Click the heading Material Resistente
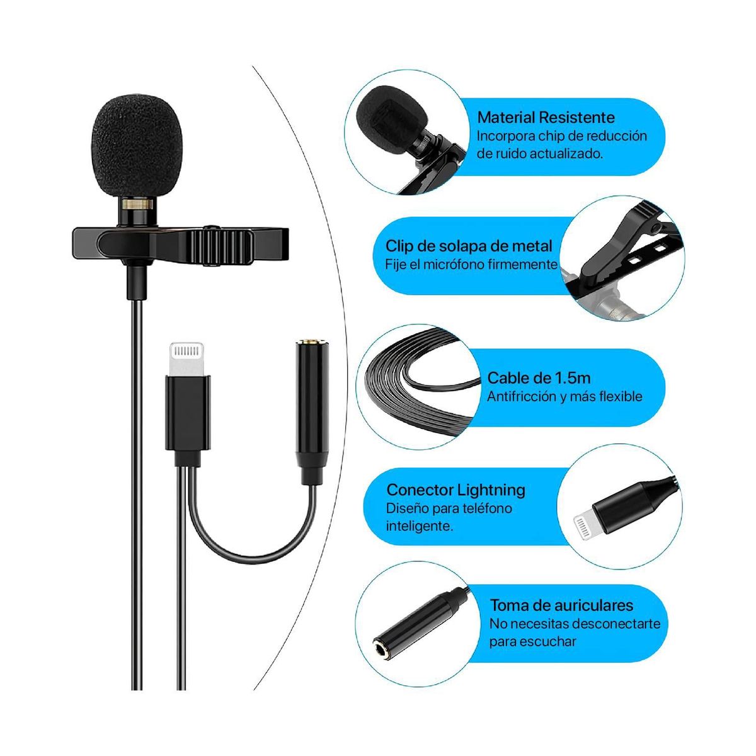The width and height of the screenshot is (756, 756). click(546, 117)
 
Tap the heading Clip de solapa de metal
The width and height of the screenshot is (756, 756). click(469, 246)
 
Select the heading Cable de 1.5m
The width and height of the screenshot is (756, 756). click(539, 378)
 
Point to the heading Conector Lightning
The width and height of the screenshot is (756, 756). click(455, 490)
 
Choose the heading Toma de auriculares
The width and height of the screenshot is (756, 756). click(561, 605)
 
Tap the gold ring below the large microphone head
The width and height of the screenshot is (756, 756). click(137, 204)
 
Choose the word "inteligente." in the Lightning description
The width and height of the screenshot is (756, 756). click(419, 526)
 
